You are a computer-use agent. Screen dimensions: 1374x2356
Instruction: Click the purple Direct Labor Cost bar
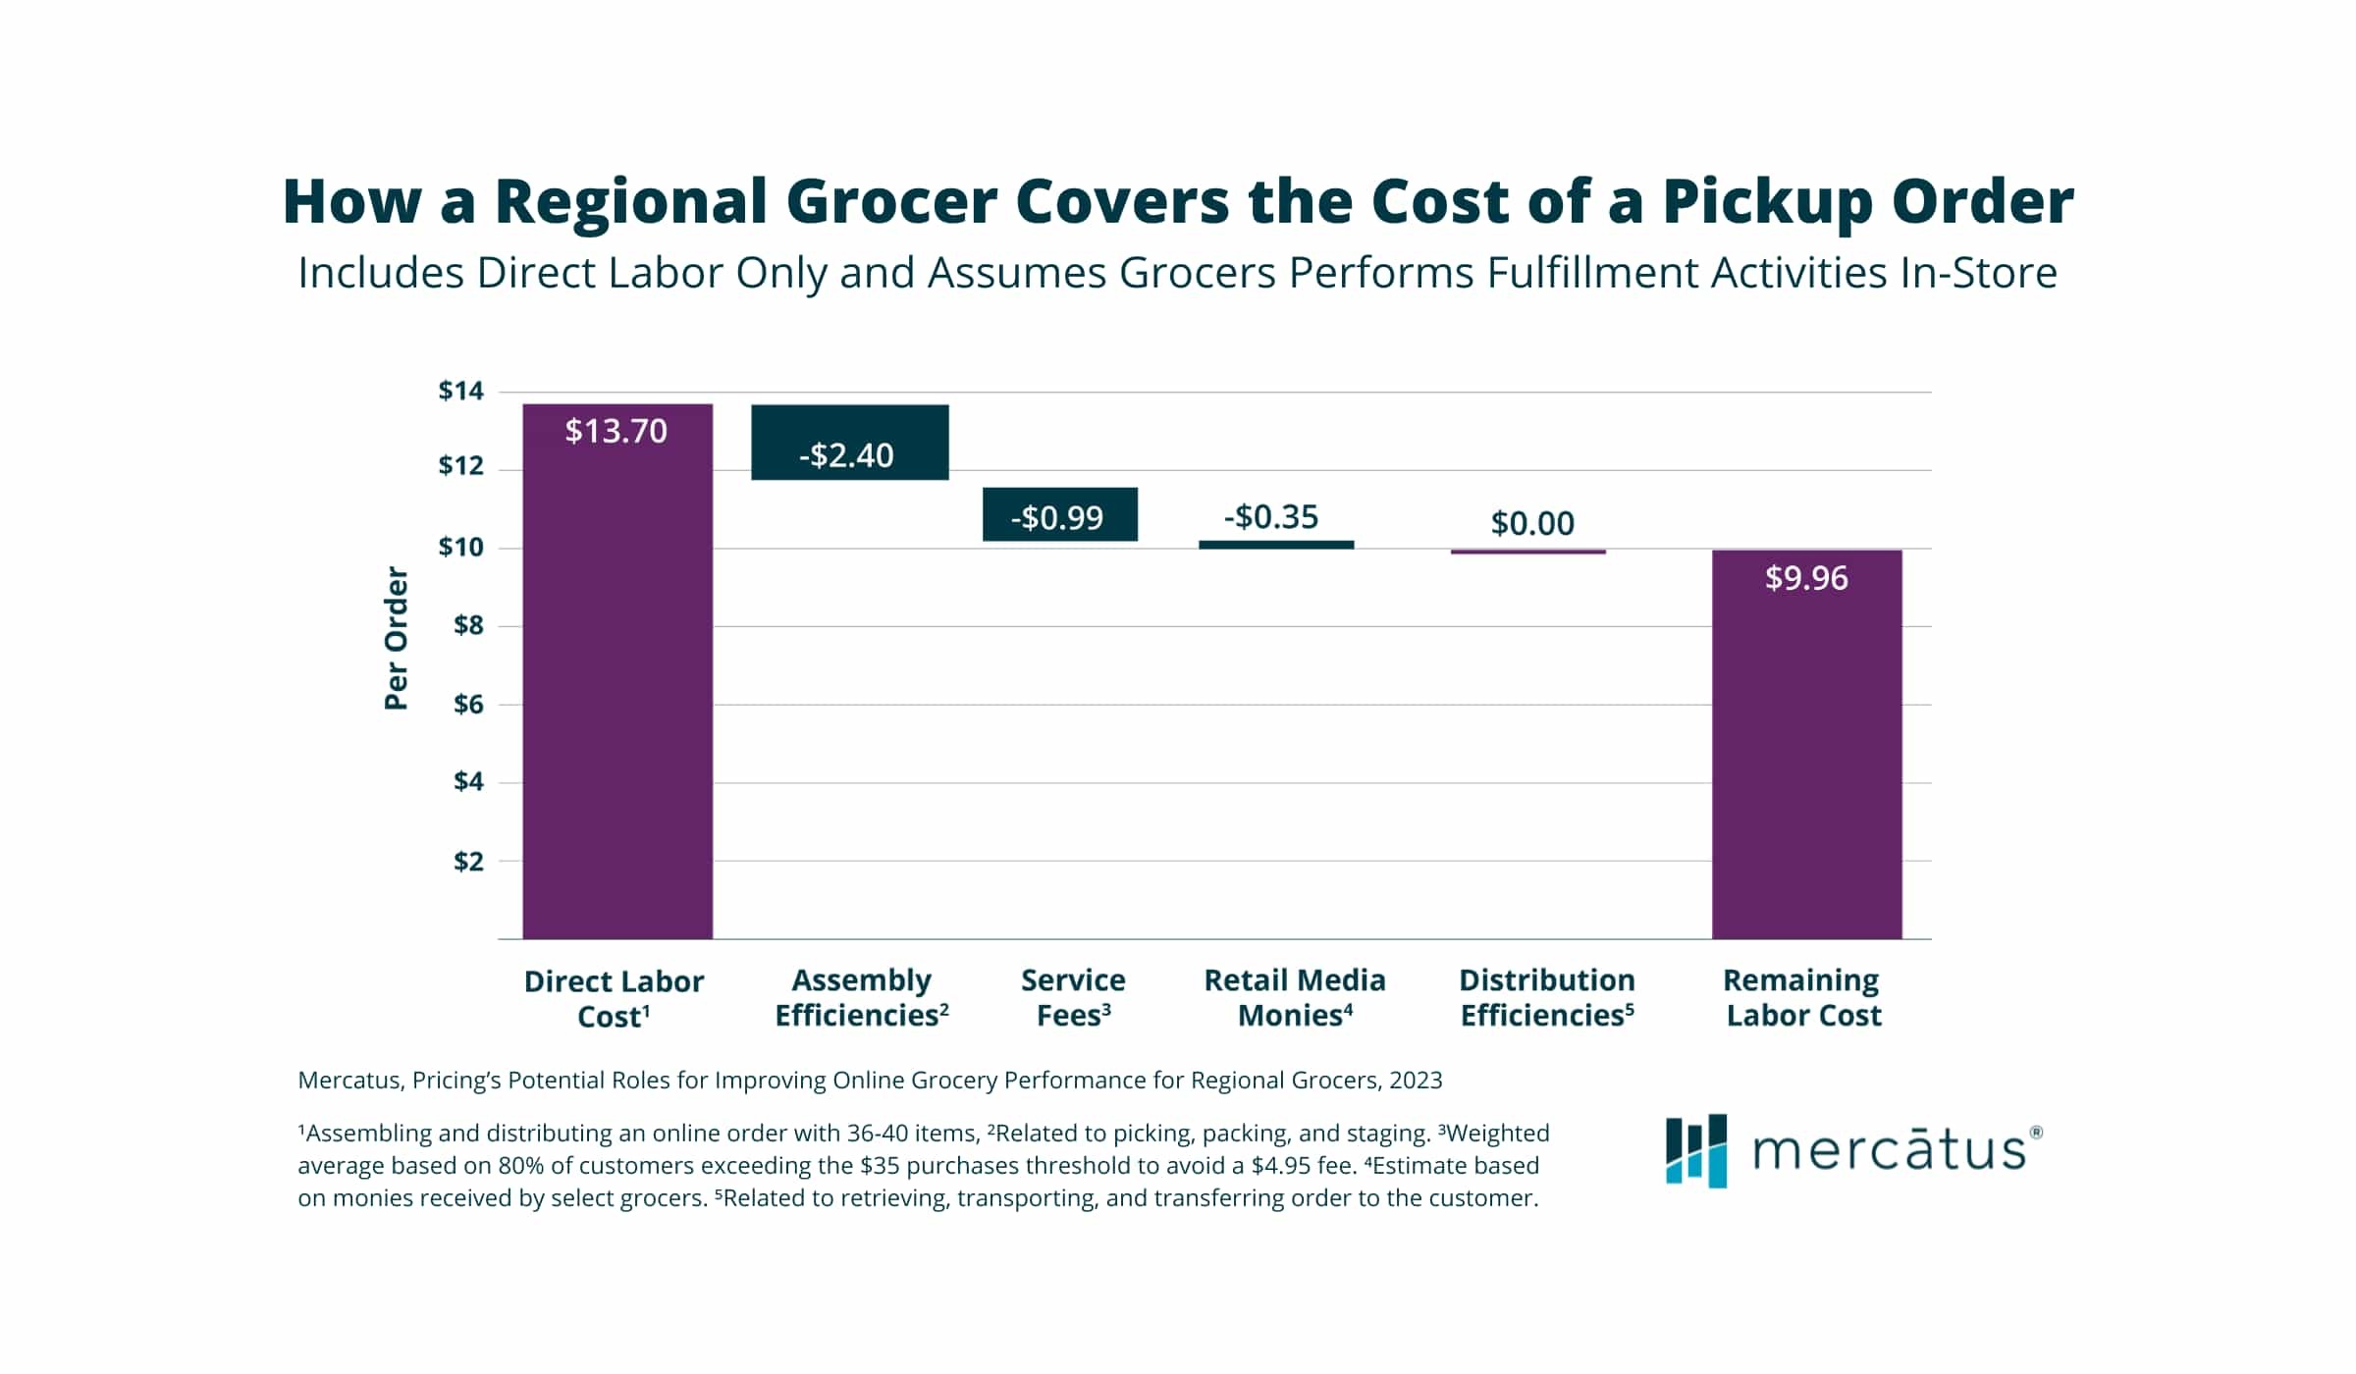click(x=616, y=687)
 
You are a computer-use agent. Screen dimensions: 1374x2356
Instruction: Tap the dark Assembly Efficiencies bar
click(x=849, y=442)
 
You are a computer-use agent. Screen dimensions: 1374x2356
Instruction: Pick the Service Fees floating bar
click(x=1059, y=514)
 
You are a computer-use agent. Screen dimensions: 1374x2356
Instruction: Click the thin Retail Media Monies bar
click(x=1275, y=545)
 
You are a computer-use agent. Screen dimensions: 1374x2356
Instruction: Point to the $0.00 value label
click(x=1531, y=523)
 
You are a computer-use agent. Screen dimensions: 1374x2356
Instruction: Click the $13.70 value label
click(x=616, y=431)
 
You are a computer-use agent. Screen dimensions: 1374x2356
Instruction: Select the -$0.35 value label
click(x=1270, y=516)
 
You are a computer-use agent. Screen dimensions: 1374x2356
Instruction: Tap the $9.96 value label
click(x=1805, y=578)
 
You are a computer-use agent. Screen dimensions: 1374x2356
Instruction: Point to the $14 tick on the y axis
click(x=460, y=391)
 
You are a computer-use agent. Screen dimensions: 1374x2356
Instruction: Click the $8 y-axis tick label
click(x=468, y=625)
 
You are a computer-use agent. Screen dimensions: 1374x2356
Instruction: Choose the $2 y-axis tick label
click(x=468, y=861)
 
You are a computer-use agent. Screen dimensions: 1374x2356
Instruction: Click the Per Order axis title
click(x=396, y=638)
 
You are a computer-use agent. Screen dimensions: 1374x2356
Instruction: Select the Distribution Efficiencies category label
click(x=1546, y=997)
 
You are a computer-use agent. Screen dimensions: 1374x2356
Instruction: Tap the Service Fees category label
click(x=1073, y=997)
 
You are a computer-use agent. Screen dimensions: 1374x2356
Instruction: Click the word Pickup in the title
click(x=1767, y=202)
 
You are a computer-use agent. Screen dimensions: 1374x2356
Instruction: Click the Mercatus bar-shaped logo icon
click(x=1695, y=1150)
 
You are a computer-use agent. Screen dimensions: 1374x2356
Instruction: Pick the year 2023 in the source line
click(x=1415, y=1080)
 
